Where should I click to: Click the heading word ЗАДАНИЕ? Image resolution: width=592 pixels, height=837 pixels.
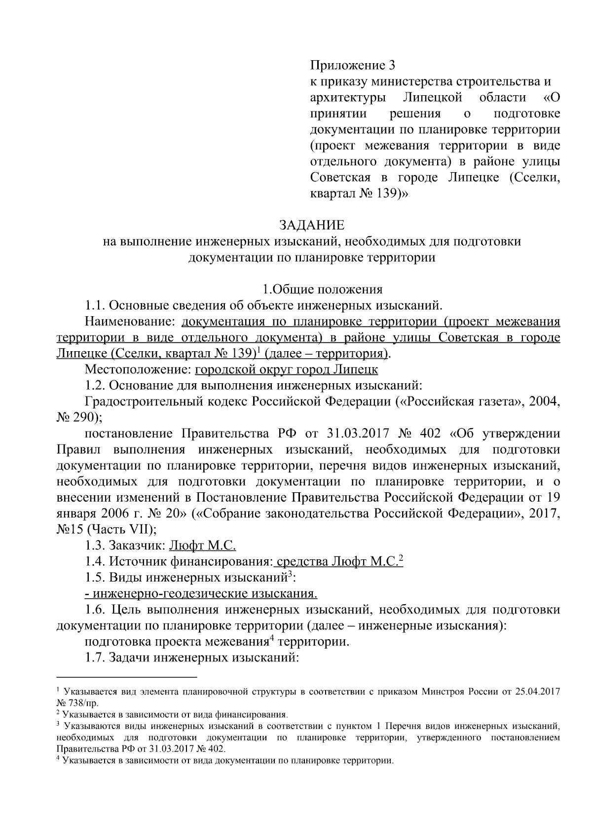[x=312, y=225]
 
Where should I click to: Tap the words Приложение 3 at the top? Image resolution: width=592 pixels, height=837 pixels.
[x=353, y=65]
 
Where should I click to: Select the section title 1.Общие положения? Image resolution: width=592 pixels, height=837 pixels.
[x=322, y=290]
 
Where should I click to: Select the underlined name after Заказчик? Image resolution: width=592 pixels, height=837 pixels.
[x=203, y=546]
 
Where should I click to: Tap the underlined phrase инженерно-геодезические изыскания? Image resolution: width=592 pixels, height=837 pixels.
[x=201, y=593]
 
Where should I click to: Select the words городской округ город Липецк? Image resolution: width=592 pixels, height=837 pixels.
[x=287, y=369]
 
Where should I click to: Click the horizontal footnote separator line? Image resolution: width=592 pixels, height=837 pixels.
[x=127, y=677]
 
